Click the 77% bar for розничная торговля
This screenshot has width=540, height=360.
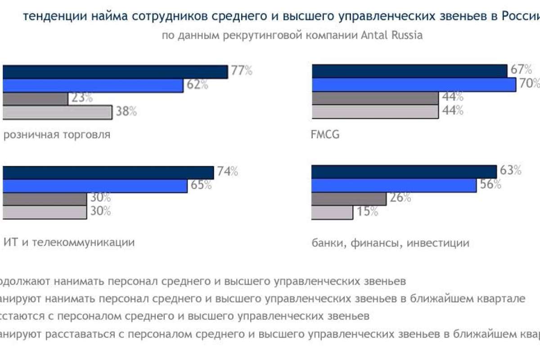(x=115, y=72)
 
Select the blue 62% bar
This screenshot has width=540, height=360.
(x=92, y=85)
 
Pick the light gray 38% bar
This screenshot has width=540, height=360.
(x=57, y=112)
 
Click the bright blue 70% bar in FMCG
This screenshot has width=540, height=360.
(x=414, y=85)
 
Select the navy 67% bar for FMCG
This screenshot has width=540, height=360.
(x=409, y=71)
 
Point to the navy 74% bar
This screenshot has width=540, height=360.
(x=108, y=173)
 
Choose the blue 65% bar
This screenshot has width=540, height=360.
(x=94, y=186)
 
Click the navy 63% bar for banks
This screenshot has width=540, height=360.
(x=404, y=172)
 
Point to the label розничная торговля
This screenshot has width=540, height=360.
(x=57, y=135)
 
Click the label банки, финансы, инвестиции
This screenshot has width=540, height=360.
(x=390, y=243)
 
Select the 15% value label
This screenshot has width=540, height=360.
(x=368, y=211)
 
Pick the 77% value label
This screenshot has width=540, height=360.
(x=242, y=71)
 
